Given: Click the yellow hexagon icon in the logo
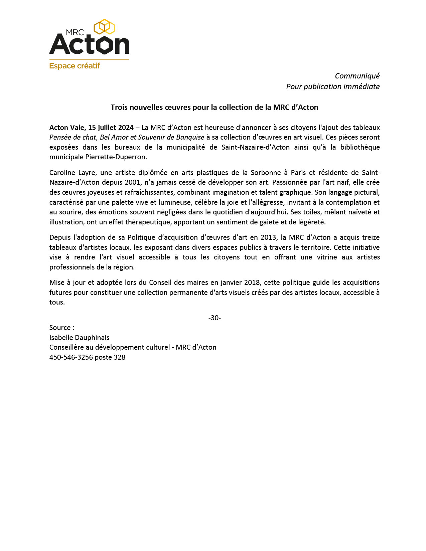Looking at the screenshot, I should click(105, 27).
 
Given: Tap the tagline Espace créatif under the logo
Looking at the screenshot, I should click(75, 66).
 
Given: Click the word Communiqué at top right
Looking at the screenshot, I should click(357, 76).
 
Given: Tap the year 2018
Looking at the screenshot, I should click(252, 283).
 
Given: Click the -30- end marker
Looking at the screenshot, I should click(215, 318).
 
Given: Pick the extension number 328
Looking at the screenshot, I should click(120, 357).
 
